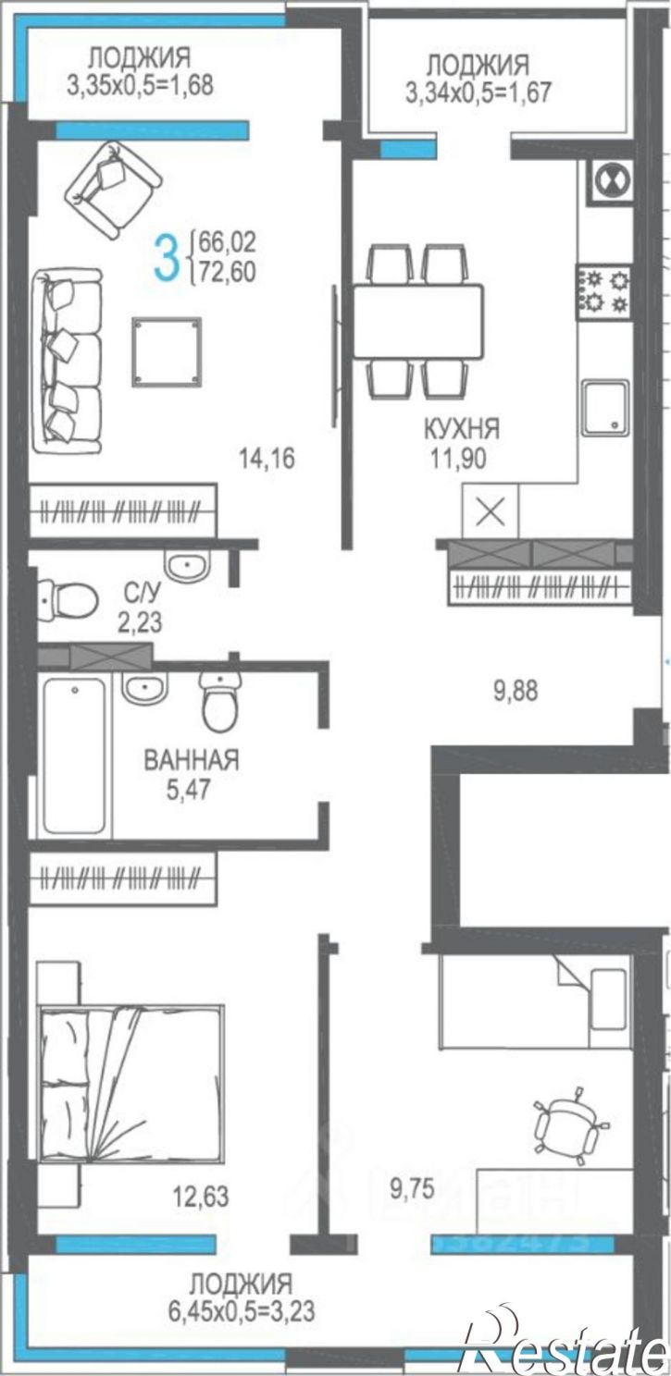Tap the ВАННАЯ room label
(x=192, y=760)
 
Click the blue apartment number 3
(x=165, y=258)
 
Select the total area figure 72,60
(x=221, y=272)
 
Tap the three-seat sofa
(x=66, y=360)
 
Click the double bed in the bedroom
(x=130, y=1082)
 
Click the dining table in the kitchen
(x=416, y=321)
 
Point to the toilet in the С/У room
(x=68, y=598)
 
